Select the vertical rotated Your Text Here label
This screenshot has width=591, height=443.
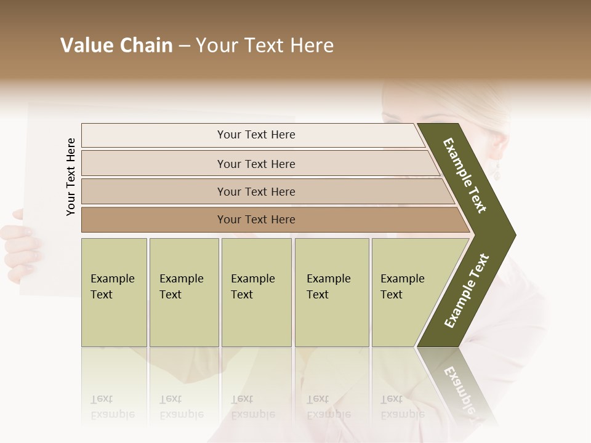[71, 177]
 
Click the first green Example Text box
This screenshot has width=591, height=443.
[114, 292]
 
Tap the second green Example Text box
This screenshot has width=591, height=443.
[183, 292]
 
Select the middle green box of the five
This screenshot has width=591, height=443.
[256, 292]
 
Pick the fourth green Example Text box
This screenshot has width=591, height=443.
[331, 292]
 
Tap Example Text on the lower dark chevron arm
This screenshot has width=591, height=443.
[467, 291]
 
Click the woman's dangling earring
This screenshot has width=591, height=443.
[496, 170]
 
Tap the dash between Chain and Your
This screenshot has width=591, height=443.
[184, 46]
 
